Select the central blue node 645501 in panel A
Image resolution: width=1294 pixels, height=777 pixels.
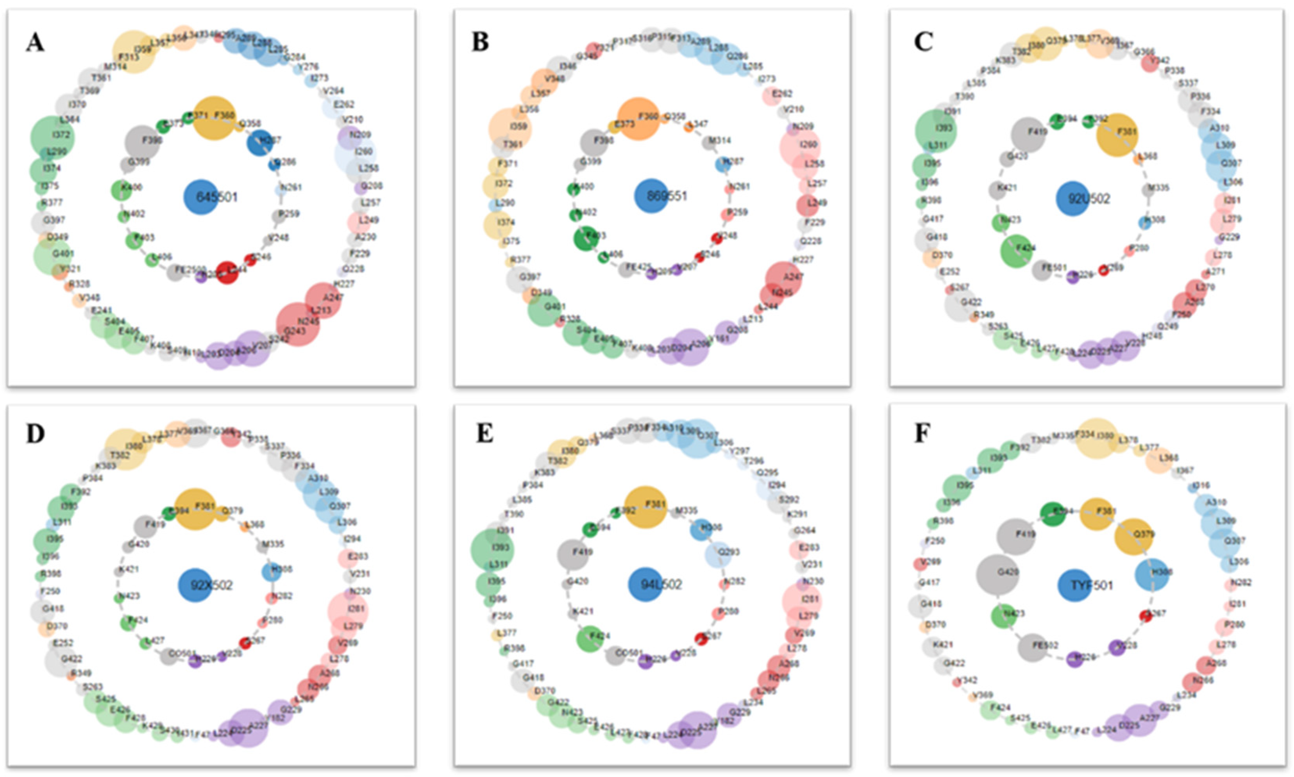point(201,197)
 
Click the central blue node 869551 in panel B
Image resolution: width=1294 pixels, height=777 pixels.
point(651,196)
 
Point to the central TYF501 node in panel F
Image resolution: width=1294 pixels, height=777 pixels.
point(1074,585)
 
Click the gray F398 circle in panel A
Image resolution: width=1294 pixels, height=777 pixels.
point(142,142)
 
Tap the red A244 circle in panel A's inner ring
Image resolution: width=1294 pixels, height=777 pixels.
point(227,272)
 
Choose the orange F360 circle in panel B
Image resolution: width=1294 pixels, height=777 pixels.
point(638,118)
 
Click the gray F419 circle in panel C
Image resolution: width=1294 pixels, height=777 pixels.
point(1027,135)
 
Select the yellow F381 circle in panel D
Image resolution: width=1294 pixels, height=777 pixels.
point(195,508)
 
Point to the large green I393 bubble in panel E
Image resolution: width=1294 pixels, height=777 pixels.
point(492,550)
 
